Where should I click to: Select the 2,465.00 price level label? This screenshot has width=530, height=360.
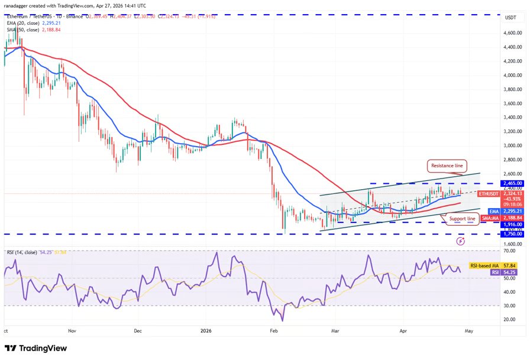[512, 183]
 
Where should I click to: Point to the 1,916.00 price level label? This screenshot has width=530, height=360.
[512, 224]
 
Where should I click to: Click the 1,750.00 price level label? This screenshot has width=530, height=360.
[512, 234]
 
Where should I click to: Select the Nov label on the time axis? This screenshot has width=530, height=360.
[72, 332]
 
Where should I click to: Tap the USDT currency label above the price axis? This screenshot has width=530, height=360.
[510, 18]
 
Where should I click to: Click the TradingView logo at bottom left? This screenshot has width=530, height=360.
[35, 348]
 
